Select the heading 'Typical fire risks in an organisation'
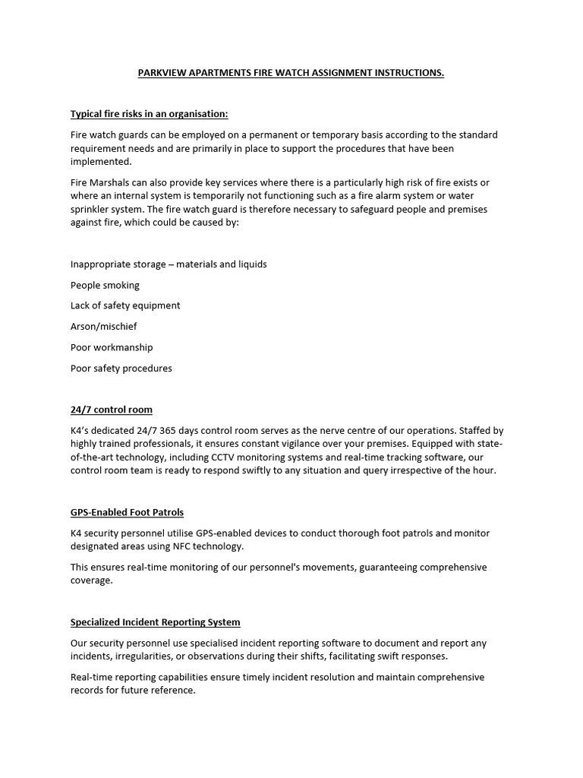pyautogui.click(x=149, y=114)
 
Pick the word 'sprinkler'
pyautogui.click(x=92, y=209)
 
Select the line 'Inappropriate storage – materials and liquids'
pyautogui.click(x=169, y=264)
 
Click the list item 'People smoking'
pyautogui.click(x=105, y=285)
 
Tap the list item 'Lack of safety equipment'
pyautogui.click(x=125, y=305)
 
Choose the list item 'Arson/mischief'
pyautogui.click(x=104, y=327)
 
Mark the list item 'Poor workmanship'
pyautogui.click(x=112, y=347)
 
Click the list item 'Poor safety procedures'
pyautogui.click(x=121, y=368)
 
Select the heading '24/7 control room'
pyautogui.click(x=112, y=410)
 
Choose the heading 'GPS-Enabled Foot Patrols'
pyautogui.click(x=128, y=513)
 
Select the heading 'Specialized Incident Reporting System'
pyautogui.click(x=156, y=622)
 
